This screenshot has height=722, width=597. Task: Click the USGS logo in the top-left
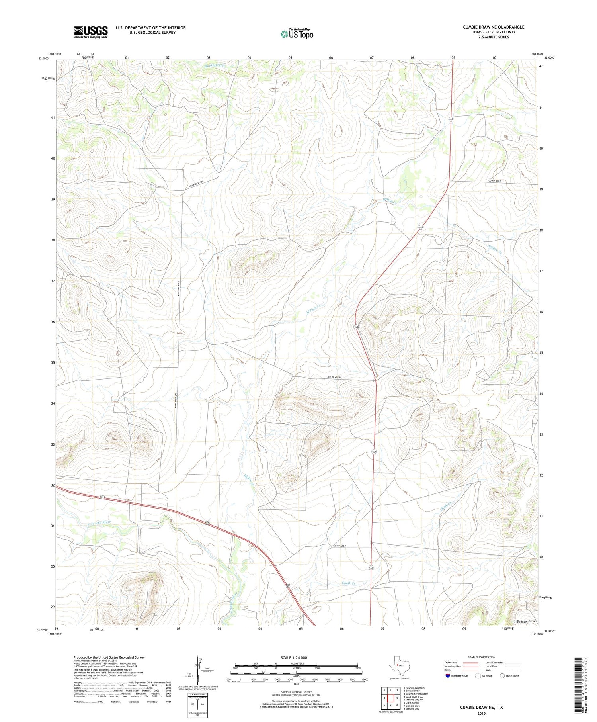[x=91, y=32]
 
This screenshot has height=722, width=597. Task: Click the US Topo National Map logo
[x=297, y=34]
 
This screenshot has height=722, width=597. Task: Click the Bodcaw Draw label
[x=526, y=621]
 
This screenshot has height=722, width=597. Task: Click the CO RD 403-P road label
[x=342, y=545]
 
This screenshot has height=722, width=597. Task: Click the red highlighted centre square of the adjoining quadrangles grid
[x=391, y=698]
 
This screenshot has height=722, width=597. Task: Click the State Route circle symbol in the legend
[x=502, y=675]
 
